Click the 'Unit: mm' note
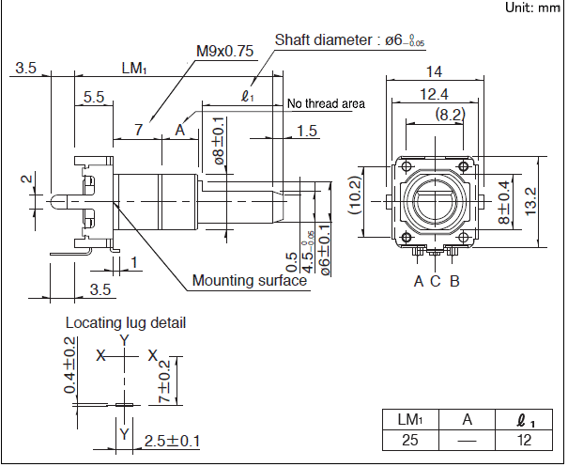click(532, 8)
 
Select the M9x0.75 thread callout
click(225, 52)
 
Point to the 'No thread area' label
click(326, 103)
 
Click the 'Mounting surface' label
click(249, 280)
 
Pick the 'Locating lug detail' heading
click(125, 322)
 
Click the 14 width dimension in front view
click(433, 71)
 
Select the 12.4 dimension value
click(433, 93)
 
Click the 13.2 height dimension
click(530, 199)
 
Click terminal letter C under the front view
click(435, 280)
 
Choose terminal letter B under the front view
click(454, 280)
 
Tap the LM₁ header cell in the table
click(411, 419)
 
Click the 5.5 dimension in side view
click(94, 97)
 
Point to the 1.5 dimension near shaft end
click(306, 130)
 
